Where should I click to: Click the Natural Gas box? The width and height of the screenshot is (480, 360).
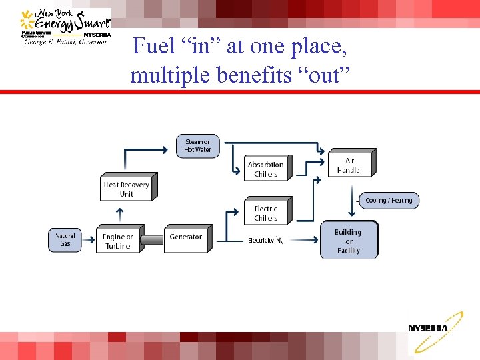(65, 240)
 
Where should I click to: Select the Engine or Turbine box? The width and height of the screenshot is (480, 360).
(117, 241)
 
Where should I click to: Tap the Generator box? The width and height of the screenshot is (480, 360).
(186, 239)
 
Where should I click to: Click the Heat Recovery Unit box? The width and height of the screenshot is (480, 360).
(127, 189)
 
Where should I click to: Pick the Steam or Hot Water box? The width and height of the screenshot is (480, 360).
(197, 145)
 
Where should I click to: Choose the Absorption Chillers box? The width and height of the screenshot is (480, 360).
(265, 169)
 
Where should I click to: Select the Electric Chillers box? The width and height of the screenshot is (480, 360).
(265, 213)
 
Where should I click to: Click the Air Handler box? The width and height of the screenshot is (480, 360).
(350, 165)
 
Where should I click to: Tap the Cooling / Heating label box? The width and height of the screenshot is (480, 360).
(389, 200)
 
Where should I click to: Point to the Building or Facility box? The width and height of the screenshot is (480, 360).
(348, 241)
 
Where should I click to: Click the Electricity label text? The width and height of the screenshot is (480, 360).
(261, 241)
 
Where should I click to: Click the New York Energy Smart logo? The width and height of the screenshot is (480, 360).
(65, 27)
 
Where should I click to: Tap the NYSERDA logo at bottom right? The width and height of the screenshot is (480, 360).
(429, 328)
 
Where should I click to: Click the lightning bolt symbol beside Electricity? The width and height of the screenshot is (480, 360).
(280, 241)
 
